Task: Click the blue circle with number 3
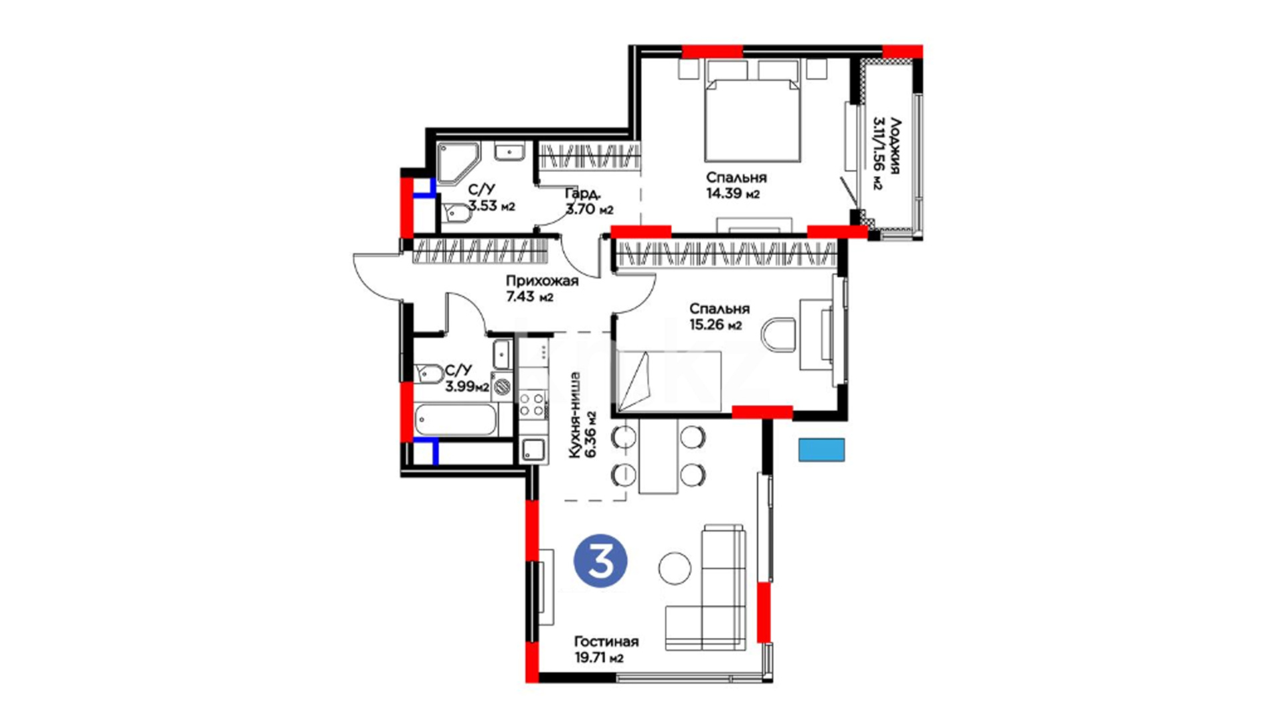pyautogui.click(x=600, y=561)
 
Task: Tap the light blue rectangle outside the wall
pyautogui.click(x=821, y=450)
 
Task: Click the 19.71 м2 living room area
pyautogui.click(x=599, y=658)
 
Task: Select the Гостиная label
pyautogui.click(x=606, y=641)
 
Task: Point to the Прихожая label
pyautogui.click(x=542, y=281)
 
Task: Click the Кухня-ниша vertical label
pyautogui.click(x=574, y=415)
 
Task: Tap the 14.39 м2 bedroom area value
pyautogui.click(x=733, y=194)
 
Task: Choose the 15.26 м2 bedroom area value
pyautogui.click(x=715, y=325)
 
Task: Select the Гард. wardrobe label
pyautogui.click(x=582, y=194)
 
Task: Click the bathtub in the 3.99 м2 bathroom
pyautogui.click(x=455, y=420)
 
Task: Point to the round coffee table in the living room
pyautogui.click(x=675, y=568)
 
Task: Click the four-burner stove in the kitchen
pyautogui.click(x=533, y=404)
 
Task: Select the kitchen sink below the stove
pyautogui.click(x=533, y=451)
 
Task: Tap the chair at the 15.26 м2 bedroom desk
pyautogui.click(x=778, y=335)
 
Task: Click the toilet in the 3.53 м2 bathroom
pyautogui.click(x=456, y=214)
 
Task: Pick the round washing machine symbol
pyautogui.click(x=503, y=386)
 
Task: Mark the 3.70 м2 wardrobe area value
pyautogui.click(x=589, y=210)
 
